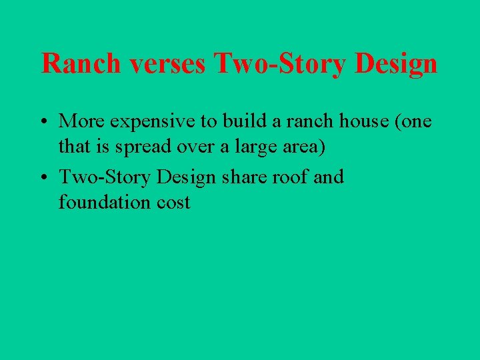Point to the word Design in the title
pos(397,64)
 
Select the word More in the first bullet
pos(79,121)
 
